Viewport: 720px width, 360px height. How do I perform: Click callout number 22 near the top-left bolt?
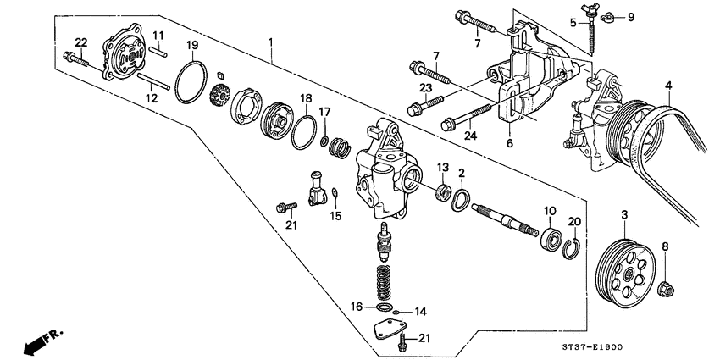(x=80, y=42)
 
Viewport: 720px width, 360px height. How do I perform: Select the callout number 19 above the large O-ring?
(x=192, y=44)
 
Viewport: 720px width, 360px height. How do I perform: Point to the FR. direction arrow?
(x=38, y=339)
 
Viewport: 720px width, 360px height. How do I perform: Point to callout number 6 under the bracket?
(x=510, y=143)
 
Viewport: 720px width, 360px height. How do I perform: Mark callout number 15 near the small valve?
(x=336, y=216)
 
